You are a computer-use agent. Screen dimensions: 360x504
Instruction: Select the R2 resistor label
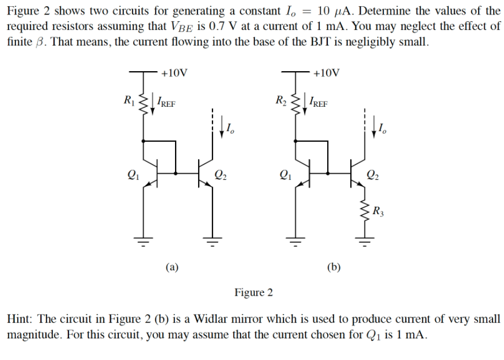[x=281, y=102]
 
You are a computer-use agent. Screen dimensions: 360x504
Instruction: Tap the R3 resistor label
[x=378, y=212]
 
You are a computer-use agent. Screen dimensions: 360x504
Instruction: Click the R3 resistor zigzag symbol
[x=363, y=213]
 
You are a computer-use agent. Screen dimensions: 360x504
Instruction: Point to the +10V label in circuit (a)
[x=174, y=73]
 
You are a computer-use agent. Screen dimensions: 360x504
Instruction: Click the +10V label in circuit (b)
[x=327, y=73]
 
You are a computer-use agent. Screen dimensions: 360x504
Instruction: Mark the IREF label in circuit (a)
[x=166, y=103]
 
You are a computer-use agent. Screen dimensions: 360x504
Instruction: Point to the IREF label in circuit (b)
[x=319, y=103]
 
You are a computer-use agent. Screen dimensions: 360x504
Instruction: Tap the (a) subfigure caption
[x=172, y=266]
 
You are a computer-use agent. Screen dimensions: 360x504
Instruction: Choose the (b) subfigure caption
[x=334, y=266]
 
